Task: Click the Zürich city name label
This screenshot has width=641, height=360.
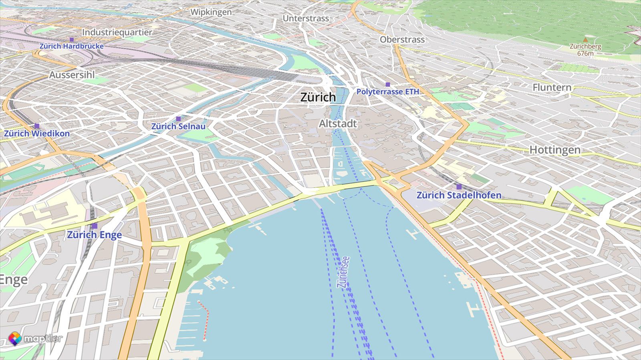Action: (x=318, y=97)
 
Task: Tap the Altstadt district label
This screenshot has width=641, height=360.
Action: (x=337, y=124)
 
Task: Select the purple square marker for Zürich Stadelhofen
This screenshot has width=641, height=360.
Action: (x=459, y=186)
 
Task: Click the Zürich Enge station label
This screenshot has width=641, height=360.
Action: (x=94, y=235)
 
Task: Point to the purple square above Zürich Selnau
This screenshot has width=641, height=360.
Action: (x=178, y=119)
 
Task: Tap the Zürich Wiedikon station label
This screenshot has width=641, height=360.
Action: (x=37, y=133)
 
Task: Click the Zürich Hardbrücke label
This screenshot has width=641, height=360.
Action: (x=71, y=46)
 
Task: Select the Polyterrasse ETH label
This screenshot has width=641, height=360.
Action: (x=387, y=92)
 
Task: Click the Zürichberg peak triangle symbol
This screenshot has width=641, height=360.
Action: (x=586, y=40)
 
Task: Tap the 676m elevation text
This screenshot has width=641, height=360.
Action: (x=585, y=53)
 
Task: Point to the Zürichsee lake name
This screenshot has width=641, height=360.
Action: (x=344, y=272)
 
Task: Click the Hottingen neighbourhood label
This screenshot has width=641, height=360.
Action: (x=555, y=150)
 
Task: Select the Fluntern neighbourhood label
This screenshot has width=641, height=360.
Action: (x=552, y=87)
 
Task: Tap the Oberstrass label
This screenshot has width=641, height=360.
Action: (x=402, y=40)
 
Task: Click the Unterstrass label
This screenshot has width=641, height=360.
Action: (x=306, y=18)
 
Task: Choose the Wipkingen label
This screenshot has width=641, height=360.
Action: (x=211, y=12)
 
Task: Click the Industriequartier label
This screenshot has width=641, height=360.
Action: (x=117, y=32)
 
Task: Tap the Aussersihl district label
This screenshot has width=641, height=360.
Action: (x=72, y=75)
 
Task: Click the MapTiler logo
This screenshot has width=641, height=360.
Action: (x=35, y=339)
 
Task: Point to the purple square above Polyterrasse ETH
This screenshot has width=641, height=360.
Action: (x=387, y=84)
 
